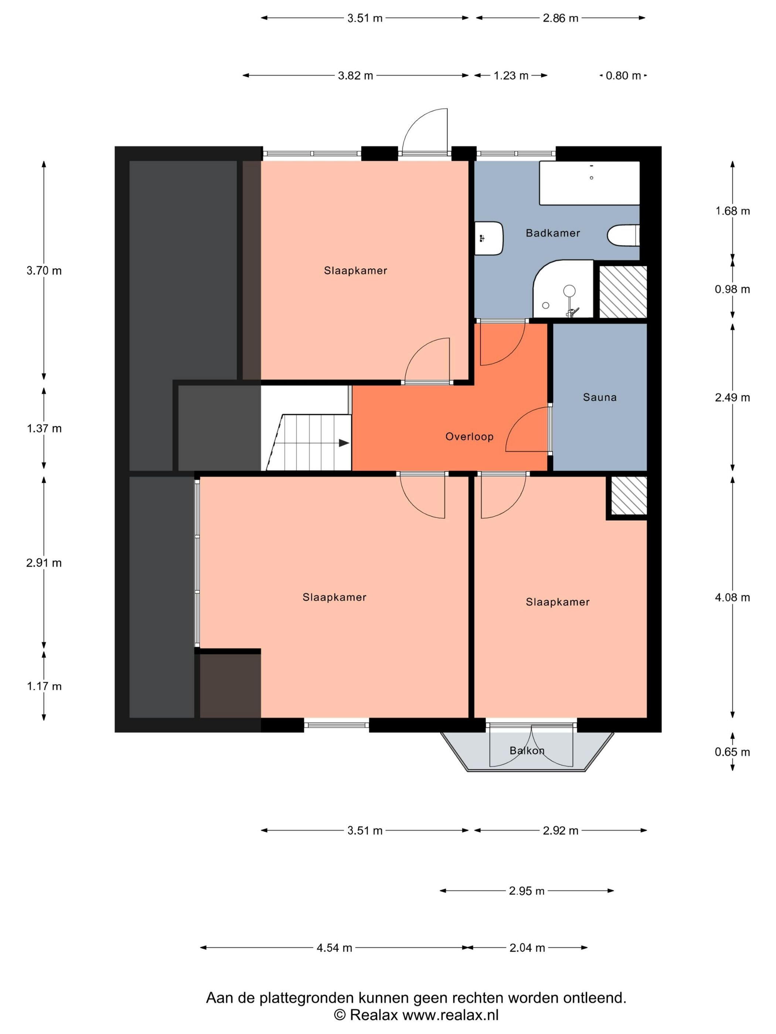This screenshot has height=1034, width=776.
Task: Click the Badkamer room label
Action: [552, 233]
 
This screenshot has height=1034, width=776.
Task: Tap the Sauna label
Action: [599, 397]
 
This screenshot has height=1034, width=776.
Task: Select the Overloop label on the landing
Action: [469, 436]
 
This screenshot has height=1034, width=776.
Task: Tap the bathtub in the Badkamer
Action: [589, 183]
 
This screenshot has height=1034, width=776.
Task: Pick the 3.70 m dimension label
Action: [44, 271]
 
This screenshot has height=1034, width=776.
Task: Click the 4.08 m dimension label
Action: [732, 598]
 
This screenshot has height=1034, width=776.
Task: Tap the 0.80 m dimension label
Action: [623, 76]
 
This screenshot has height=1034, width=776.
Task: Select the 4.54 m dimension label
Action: [334, 948]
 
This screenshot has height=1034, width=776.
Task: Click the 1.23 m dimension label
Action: [511, 76]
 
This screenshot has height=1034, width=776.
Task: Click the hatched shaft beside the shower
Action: [623, 292]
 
